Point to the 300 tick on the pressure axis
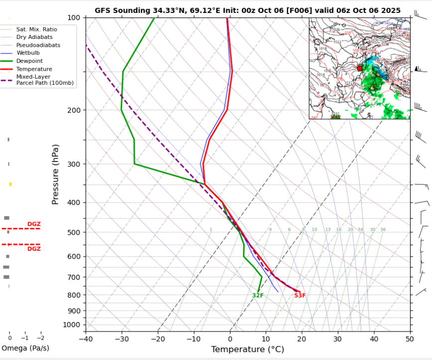73,164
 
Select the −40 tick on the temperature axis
85,340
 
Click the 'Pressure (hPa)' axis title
55,174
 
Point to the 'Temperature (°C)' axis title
248,349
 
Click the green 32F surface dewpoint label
258,296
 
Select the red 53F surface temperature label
299,296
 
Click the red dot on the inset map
360,68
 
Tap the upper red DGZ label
34,224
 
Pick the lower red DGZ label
34,249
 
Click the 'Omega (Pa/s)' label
25,348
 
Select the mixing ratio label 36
383,230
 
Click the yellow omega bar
10,184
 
